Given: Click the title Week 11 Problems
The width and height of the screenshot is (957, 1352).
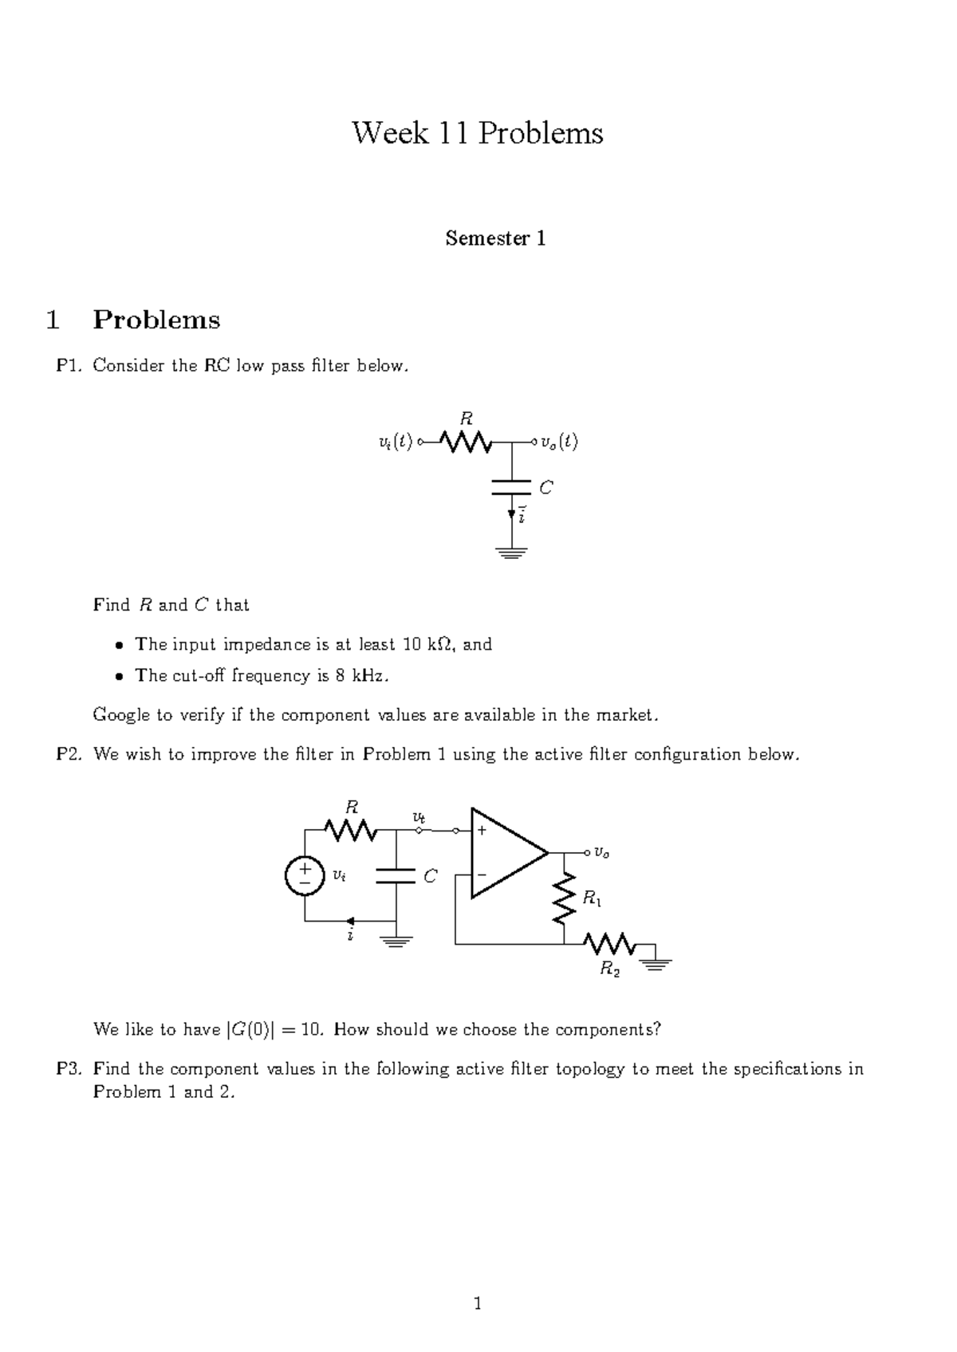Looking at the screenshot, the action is point(478,133).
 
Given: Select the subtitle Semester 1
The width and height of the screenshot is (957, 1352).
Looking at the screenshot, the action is point(495,238).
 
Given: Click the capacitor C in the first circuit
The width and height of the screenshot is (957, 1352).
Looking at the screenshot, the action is point(512,487).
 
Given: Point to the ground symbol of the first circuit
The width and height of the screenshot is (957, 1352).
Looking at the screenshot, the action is point(512,552).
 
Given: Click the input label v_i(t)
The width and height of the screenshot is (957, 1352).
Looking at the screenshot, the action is point(395,442).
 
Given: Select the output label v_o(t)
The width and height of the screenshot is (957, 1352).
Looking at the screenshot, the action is point(558,442).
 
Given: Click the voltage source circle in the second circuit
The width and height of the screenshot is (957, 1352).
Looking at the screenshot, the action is point(304,875).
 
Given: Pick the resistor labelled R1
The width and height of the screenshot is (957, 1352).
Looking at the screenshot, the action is point(565,898).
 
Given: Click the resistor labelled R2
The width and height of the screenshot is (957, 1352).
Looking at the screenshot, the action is point(610,945).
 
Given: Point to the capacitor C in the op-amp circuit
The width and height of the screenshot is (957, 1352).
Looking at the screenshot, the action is point(396,876).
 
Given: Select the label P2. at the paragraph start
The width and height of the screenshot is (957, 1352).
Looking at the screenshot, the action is point(69,754).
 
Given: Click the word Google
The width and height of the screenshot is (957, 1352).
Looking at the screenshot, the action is point(121,715).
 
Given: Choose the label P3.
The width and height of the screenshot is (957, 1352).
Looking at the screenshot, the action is point(69,1069).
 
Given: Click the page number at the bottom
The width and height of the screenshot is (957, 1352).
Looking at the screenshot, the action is point(478,1303).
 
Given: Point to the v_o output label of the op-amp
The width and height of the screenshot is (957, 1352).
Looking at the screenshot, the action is point(601,854).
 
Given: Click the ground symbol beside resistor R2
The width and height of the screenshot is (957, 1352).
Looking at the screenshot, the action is point(656,961).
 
